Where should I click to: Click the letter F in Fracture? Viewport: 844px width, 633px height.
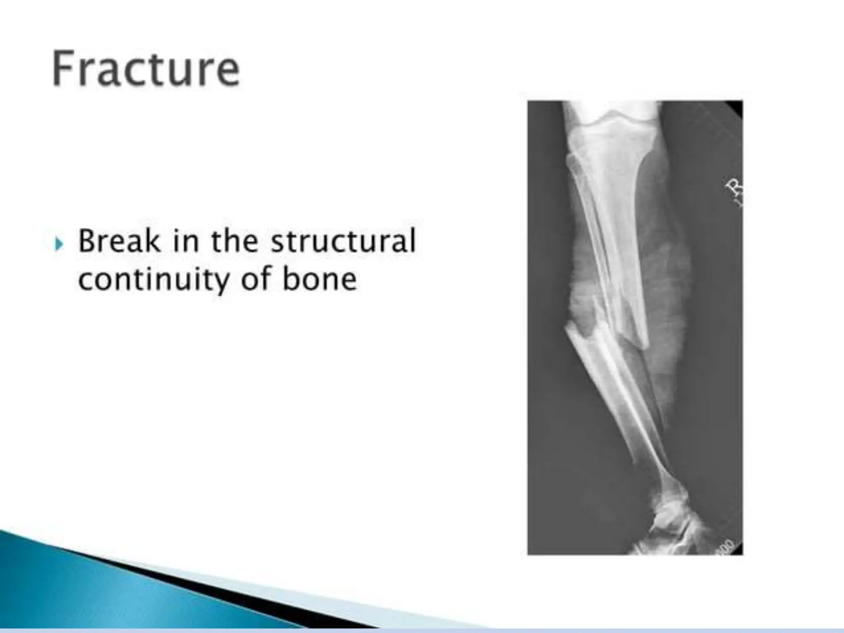click(62, 68)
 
